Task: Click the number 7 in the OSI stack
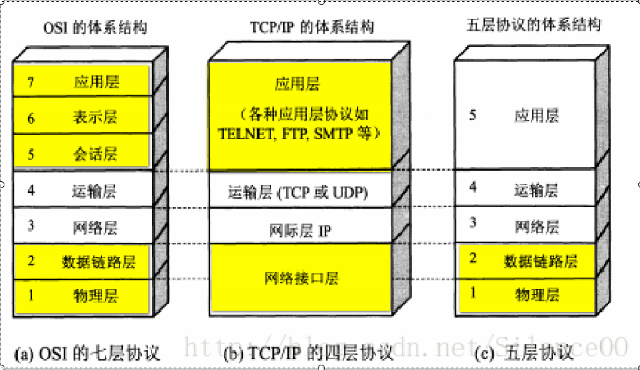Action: [x=31, y=82]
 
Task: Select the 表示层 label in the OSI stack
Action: [x=95, y=118]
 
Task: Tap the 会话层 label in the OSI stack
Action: [x=95, y=154]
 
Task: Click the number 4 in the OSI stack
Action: [x=31, y=190]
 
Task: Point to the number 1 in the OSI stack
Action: [x=31, y=295]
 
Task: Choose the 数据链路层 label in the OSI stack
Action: [x=99, y=262]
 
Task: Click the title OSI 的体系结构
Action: [x=95, y=28]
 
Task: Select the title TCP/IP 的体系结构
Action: [x=312, y=27]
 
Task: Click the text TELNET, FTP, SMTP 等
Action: [x=299, y=134]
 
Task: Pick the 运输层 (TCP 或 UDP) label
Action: [x=298, y=192]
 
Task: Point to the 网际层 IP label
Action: [x=300, y=230]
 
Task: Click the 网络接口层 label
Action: [x=301, y=278]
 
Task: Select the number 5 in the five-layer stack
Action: [x=473, y=115]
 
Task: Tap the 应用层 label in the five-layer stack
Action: [x=536, y=116]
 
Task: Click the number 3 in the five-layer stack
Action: [x=473, y=223]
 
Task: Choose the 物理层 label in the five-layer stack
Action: [x=537, y=295]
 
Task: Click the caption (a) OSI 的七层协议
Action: [x=87, y=354]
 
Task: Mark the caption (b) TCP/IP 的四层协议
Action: [x=308, y=353]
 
